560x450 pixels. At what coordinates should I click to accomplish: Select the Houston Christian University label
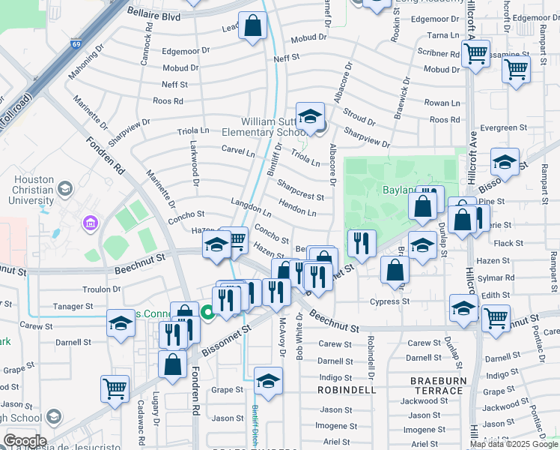click(33, 190)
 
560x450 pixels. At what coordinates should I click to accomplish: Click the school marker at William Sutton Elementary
click(310, 117)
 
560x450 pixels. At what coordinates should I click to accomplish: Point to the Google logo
click(24, 441)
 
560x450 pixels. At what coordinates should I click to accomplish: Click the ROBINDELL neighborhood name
click(346, 391)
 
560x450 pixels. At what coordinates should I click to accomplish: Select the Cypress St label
click(389, 301)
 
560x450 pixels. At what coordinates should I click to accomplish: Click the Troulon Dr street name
click(101, 289)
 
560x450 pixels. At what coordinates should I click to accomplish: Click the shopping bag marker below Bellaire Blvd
click(253, 25)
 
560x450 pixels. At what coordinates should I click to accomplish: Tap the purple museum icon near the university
click(91, 223)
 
